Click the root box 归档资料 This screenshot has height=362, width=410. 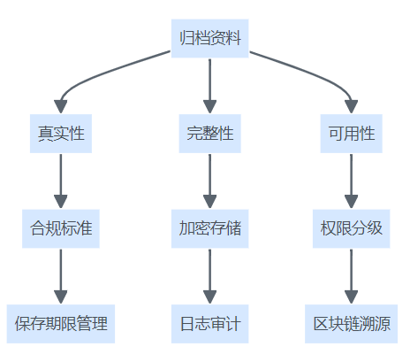(210, 38)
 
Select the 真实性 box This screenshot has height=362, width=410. (61, 134)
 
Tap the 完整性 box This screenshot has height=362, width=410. (210, 134)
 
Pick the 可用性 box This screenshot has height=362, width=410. (352, 134)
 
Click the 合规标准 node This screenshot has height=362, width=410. (61, 228)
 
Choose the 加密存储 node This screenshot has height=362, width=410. (210, 228)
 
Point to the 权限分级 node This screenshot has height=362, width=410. (352, 228)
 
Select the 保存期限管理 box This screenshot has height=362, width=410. (61, 324)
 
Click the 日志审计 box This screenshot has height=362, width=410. (210, 324)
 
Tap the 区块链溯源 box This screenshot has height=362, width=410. (352, 324)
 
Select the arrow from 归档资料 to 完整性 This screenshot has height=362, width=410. (210, 86)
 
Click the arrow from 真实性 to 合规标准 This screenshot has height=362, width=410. (61, 181)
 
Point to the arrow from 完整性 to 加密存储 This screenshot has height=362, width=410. (210, 181)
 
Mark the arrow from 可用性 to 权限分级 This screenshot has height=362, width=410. (352, 181)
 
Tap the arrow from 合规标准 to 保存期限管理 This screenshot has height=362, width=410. (61, 276)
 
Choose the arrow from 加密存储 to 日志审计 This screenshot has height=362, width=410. (210, 276)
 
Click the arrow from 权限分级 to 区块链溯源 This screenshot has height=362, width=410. (352, 276)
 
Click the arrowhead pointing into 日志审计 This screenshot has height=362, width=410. (210, 297)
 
